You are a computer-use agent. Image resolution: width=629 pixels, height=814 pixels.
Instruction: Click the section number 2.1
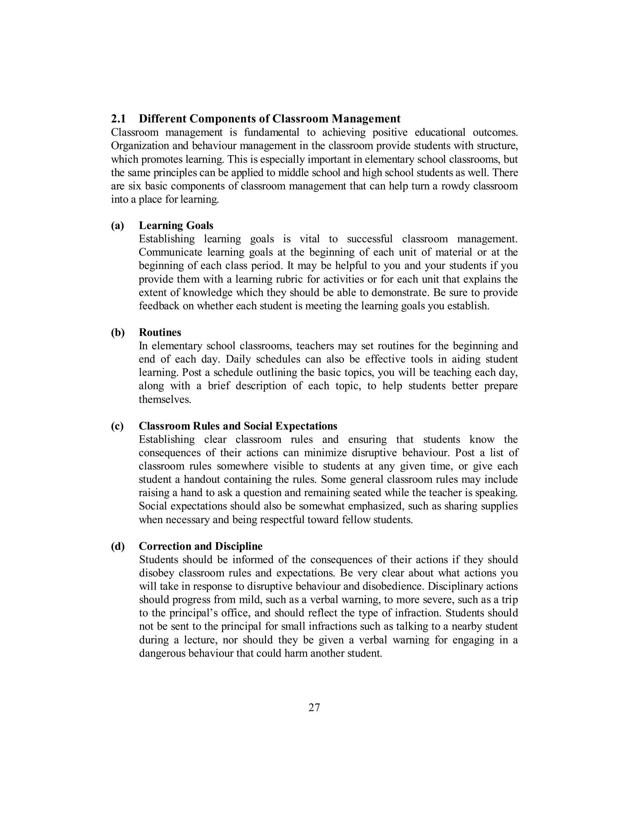pos(119,119)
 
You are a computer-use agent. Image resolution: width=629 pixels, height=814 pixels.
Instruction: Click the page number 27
pos(314,707)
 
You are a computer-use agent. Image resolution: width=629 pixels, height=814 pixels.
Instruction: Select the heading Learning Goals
pos(176,225)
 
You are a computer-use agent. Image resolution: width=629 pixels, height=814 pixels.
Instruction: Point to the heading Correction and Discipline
pos(201,546)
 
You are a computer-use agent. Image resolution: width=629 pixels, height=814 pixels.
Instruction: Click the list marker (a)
pos(117,225)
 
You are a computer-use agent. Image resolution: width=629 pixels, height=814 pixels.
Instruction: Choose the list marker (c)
pos(117,426)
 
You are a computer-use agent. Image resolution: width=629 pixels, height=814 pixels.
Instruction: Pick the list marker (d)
pos(118,546)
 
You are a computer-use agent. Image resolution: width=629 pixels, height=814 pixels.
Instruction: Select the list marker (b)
pos(118,332)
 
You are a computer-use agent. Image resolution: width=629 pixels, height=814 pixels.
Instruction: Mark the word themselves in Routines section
pos(165,399)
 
